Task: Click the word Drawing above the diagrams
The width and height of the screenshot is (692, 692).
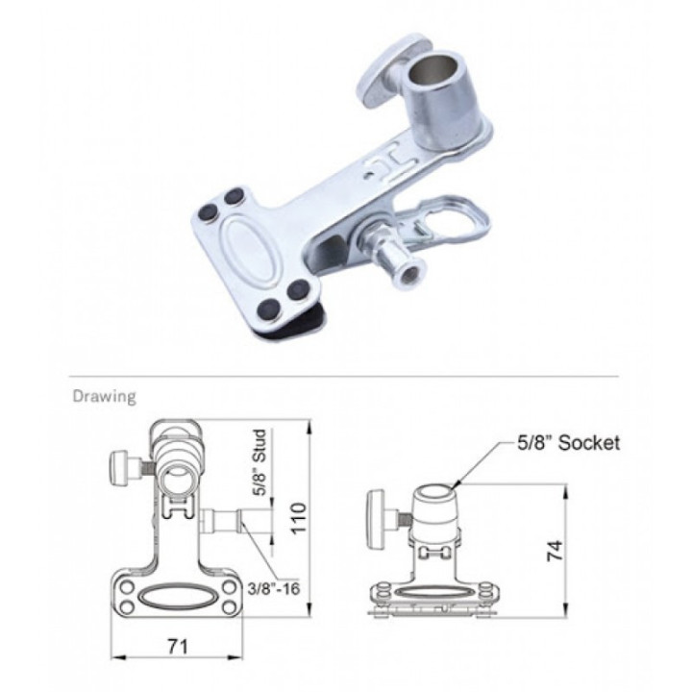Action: click(104, 395)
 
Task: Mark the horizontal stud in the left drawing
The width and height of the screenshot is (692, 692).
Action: click(224, 523)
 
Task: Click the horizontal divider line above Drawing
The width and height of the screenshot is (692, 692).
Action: click(346, 375)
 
